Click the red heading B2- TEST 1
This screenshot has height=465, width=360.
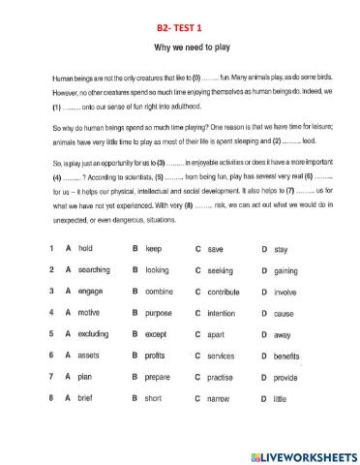click(179, 28)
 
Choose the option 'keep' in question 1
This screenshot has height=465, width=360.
click(153, 249)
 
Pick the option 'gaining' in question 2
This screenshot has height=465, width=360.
click(285, 270)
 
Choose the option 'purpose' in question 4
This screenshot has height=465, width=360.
click(159, 313)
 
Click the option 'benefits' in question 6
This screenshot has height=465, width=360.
click(286, 356)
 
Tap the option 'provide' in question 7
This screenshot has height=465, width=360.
click(285, 377)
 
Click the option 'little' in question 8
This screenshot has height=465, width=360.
click(280, 398)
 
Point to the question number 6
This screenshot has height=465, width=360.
click(50, 356)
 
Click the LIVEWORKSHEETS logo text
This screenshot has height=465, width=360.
click(309, 455)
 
